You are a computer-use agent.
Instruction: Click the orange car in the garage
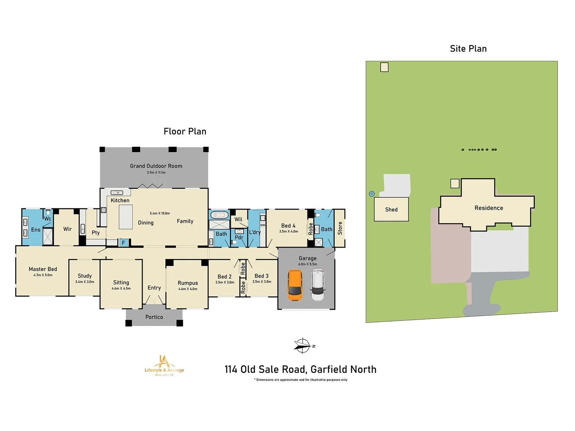coord(295,285)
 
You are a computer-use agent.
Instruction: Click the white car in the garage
coord(318,285)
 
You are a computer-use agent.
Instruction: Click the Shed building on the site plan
coord(391,209)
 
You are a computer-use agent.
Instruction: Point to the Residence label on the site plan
coord(488,208)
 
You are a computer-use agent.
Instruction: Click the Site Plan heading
coord(468,49)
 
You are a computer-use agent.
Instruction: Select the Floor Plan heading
coord(185,131)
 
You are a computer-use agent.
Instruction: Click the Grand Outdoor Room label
coord(156,166)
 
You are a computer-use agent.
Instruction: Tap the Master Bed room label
coord(43,269)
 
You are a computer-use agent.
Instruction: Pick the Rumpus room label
coord(188,283)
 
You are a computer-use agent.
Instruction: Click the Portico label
coord(154,317)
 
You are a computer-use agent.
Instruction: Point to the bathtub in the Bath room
coord(219,215)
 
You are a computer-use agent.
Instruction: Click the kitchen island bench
coord(126,217)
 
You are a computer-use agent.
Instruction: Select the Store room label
coord(340,228)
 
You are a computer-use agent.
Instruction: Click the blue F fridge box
coord(123,243)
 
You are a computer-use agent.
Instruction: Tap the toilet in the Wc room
coord(48,212)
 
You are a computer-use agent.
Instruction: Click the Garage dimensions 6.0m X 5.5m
coord(307,264)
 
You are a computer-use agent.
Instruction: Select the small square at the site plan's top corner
coord(384,67)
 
